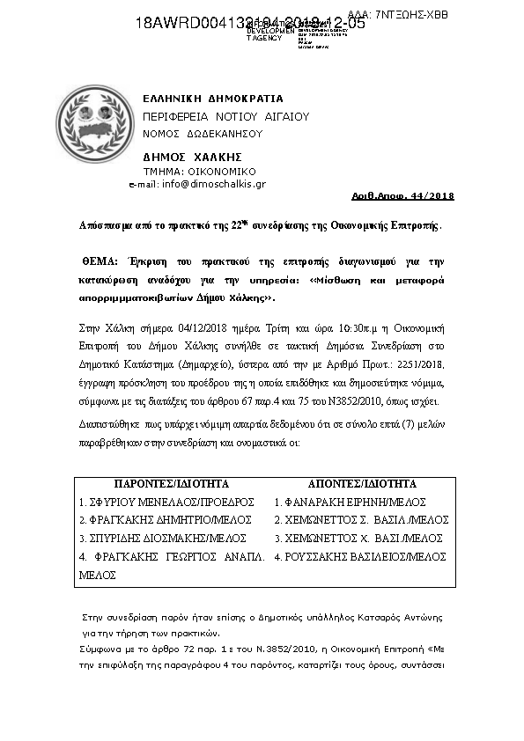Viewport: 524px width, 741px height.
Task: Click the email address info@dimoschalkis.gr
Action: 209,184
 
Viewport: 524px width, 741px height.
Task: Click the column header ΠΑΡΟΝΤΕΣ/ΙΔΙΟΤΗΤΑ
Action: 172,483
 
